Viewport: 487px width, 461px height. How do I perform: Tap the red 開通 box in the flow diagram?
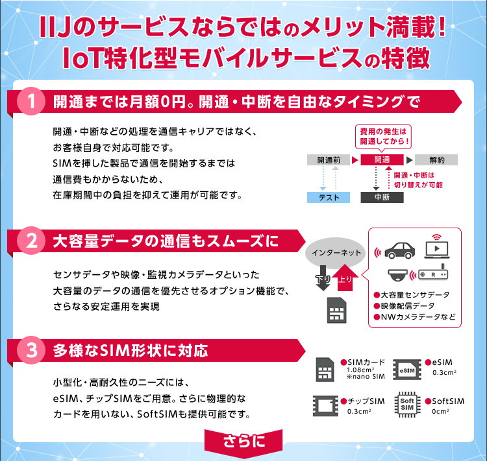[382, 160]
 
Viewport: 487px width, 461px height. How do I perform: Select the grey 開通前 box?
[334, 160]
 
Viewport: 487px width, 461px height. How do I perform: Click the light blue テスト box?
[329, 197]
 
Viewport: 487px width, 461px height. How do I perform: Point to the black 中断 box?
[382, 197]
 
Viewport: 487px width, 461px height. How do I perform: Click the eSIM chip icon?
[408, 370]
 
